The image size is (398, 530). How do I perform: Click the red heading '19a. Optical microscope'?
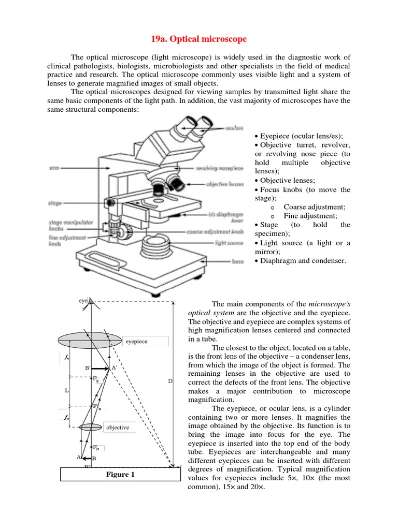tap(198, 39)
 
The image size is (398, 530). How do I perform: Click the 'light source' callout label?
tap(229, 242)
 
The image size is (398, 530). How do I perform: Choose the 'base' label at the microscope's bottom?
tap(238, 262)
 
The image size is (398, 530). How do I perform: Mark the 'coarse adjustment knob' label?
tap(215, 232)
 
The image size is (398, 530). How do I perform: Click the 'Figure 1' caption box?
tap(120, 474)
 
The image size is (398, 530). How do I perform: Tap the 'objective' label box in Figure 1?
tap(118, 428)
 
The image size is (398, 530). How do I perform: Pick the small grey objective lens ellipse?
tap(91, 427)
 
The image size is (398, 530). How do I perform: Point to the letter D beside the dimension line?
tap(170, 381)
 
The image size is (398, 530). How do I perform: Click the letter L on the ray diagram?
tap(66, 391)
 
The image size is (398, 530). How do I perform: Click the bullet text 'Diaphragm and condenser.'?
tap(303, 260)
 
